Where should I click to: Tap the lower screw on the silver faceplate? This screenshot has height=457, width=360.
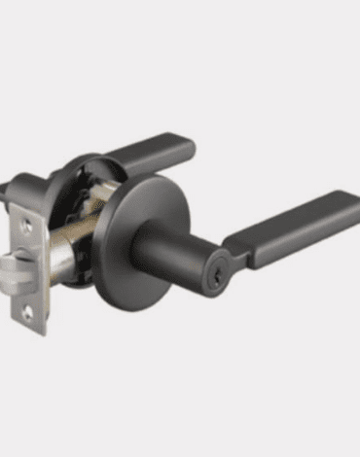pyautogui.click(x=28, y=311)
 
